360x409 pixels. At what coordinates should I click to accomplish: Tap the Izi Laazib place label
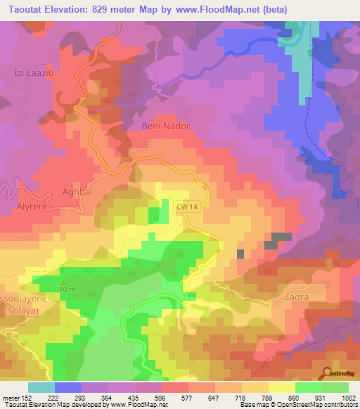click(34, 72)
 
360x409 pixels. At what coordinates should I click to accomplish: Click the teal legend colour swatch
click(41, 387)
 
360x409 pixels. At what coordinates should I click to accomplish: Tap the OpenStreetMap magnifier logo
click(327, 373)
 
